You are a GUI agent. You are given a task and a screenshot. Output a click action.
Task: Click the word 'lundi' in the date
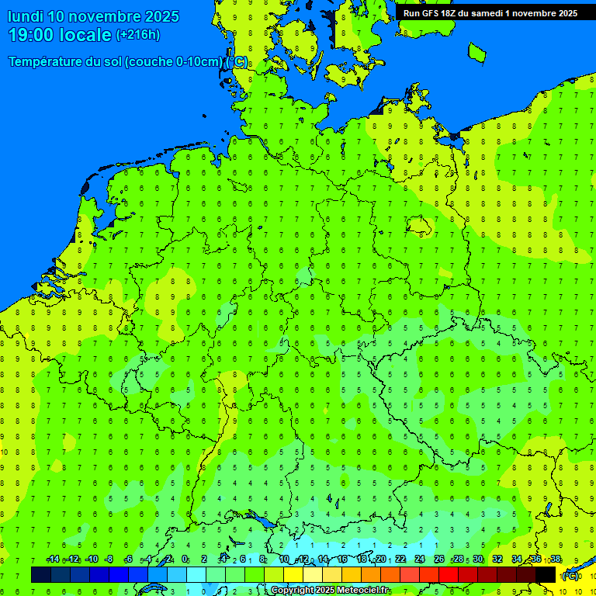(x=26, y=16)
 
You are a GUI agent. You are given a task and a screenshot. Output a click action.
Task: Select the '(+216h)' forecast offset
(x=137, y=34)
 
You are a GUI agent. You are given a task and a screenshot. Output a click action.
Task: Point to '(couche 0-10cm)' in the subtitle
(x=175, y=62)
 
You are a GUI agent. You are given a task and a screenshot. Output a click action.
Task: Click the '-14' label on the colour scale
(x=53, y=560)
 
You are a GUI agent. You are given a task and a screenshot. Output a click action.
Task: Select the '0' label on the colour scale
(x=185, y=560)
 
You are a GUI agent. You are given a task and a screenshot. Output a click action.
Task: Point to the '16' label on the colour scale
(x=342, y=560)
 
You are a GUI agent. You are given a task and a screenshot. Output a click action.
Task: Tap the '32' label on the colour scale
(x=497, y=560)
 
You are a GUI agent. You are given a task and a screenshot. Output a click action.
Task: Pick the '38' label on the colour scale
(x=556, y=560)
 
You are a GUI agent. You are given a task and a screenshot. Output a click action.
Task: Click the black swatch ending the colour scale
(x=546, y=574)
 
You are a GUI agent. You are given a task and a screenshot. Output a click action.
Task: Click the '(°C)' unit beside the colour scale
(x=570, y=575)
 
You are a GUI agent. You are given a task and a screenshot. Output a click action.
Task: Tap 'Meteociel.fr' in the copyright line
(x=362, y=591)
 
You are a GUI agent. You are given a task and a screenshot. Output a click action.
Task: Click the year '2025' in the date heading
(x=161, y=16)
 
